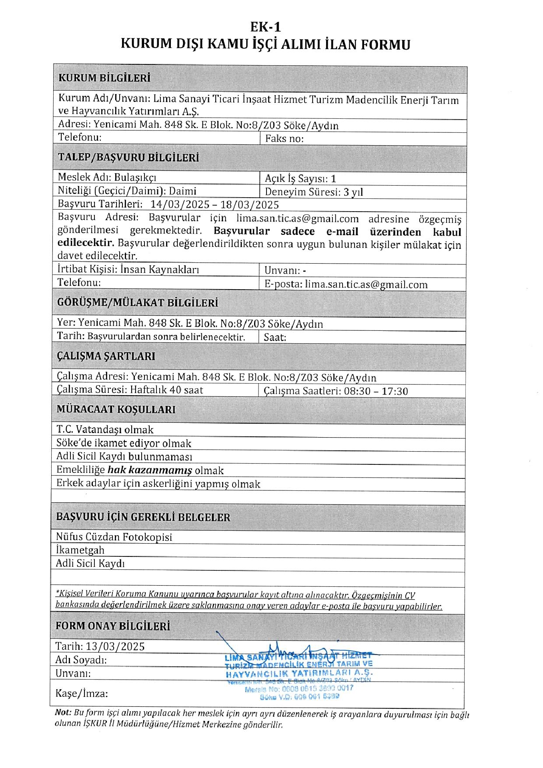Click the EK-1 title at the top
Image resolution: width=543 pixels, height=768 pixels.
pos(266,27)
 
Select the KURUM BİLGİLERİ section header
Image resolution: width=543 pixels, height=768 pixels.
pos(104,78)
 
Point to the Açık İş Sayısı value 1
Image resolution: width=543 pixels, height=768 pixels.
pos(333,179)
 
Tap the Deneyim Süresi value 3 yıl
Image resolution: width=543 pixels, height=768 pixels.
pos(353,192)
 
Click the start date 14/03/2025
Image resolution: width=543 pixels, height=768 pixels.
pos(180,204)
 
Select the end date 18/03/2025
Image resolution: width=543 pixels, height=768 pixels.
pos(250,205)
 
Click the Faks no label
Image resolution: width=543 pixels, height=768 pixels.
pos(285,139)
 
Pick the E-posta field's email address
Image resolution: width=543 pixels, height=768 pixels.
pos(366,284)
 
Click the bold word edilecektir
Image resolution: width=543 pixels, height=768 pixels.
pos(86,243)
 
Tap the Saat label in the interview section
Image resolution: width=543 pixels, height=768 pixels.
pos(275,337)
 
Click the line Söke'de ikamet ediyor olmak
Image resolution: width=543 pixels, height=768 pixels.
pos(124,443)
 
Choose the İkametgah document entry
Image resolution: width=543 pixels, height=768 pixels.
pos(80,550)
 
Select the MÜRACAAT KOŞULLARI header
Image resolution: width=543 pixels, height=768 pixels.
pos(116,409)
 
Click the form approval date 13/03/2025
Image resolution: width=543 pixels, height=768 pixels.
pos(115,646)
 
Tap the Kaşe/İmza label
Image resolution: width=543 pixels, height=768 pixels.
pos(82,693)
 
